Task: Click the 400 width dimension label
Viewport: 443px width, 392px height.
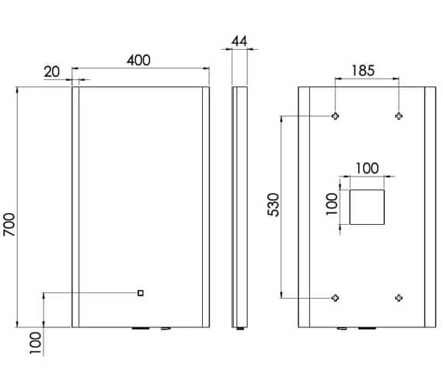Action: pos(138,60)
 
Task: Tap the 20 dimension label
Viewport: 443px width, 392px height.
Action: pos(52,72)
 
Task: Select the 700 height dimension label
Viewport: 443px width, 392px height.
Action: pos(9,225)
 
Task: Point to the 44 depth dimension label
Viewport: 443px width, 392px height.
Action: pos(239,41)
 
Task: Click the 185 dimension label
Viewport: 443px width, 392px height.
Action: pos(363,71)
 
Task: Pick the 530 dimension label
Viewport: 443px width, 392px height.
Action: pos(274,205)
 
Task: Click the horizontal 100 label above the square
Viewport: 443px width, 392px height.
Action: pos(367,168)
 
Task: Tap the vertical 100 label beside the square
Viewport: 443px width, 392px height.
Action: pos(332,204)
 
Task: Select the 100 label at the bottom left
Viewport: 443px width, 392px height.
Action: pos(36,343)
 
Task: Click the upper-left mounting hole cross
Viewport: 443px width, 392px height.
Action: pos(335,116)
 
